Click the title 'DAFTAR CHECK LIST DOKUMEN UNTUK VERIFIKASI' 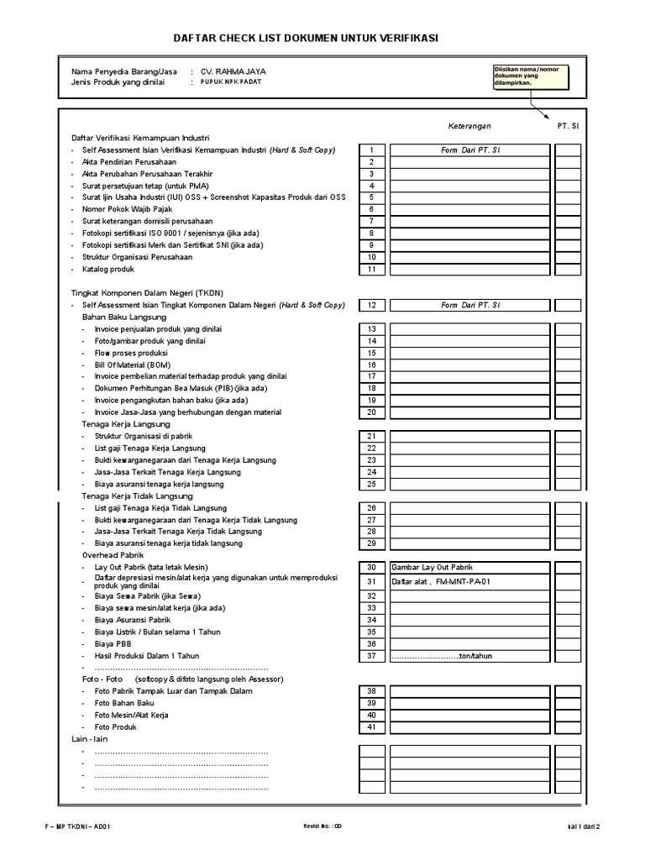tap(305, 39)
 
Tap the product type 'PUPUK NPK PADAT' tap(231, 83)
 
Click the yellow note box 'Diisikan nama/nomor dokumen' tap(530, 76)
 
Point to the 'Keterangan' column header tap(470, 126)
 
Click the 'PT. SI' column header tap(568, 126)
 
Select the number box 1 tap(371, 150)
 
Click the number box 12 tap(371, 305)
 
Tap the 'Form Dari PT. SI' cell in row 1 tap(470, 150)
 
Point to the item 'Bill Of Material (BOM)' tap(131, 365)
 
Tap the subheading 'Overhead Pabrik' tap(113, 555)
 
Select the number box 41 tap(371, 726)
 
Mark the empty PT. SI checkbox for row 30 tap(568, 567)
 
